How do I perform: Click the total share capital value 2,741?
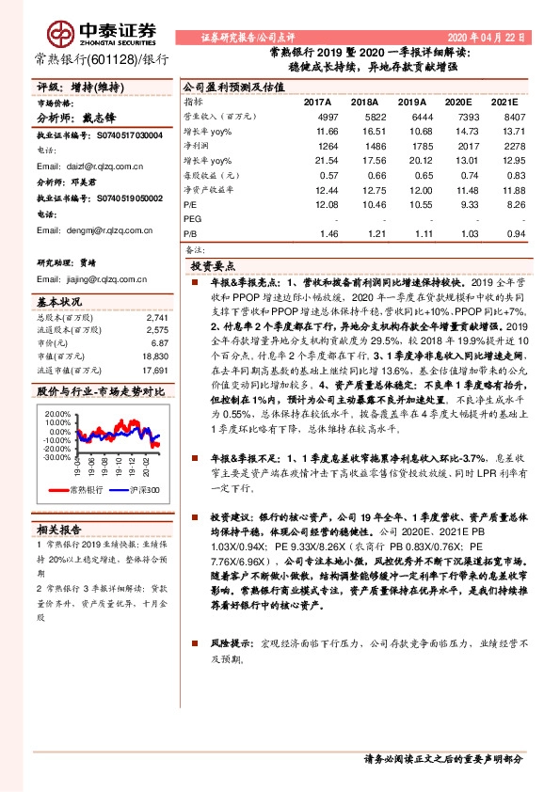[158, 318]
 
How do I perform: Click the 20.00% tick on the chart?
[56, 414]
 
